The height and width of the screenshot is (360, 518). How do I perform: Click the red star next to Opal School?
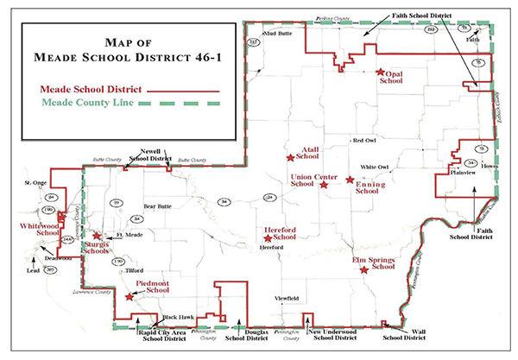point(380,73)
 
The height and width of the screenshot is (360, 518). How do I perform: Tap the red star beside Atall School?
point(290,157)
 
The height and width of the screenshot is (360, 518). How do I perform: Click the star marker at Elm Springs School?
point(363,270)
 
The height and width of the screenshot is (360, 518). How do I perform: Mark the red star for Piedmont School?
point(129,296)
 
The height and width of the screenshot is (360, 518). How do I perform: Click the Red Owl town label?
point(363,140)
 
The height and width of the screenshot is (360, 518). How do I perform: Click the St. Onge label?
point(35,183)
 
